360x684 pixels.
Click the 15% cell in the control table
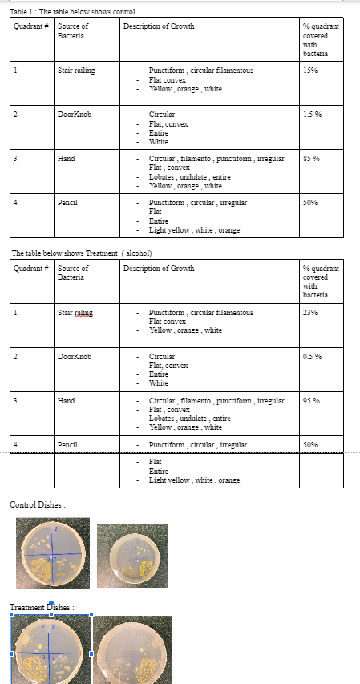(310, 71)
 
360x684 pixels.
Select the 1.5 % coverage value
(313, 115)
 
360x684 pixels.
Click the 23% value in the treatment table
(311, 312)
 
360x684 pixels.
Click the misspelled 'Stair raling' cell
(76, 312)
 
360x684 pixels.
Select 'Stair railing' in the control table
(76, 71)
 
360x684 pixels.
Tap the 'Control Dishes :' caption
(37, 504)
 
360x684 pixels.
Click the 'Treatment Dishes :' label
(42, 607)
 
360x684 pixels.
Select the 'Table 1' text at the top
(23, 11)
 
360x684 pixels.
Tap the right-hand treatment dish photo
(132, 649)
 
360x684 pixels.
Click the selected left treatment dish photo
(51, 649)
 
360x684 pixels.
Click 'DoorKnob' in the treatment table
(75, 356)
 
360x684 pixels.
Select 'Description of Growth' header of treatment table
(159, 268)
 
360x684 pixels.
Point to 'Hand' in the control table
(66, 159)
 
